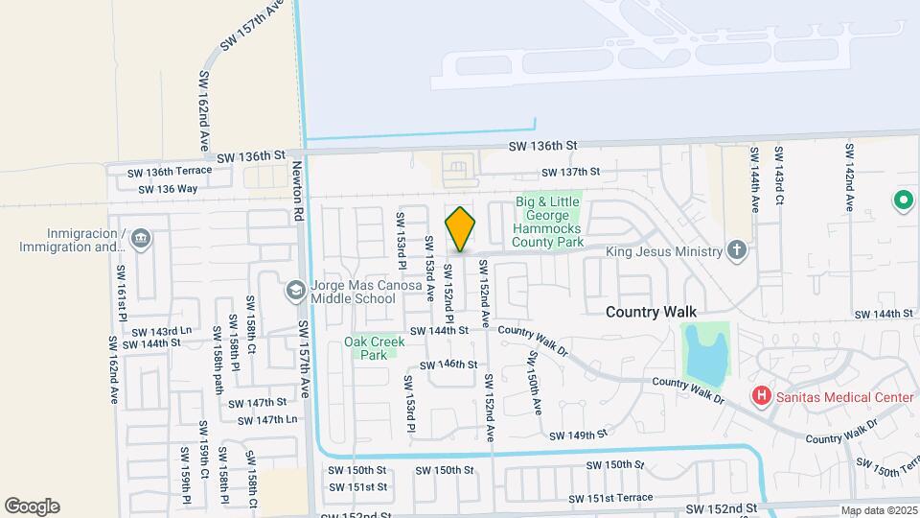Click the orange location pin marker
click(461, 228)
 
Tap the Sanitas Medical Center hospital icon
click(762, 395)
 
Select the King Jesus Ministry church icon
click(736, 251)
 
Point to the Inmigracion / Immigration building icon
click(141, 237)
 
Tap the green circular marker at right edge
click(902, 200)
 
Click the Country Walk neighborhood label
click(651, 313)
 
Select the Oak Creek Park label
click(368, 347)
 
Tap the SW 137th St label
click(569, 172)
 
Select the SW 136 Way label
click(168, 189)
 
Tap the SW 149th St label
click(579, 435)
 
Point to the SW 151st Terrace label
click(610, 498)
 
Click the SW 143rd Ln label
click(165, 330)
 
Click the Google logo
click(32, 506)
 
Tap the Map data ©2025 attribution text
click(878, 511)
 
